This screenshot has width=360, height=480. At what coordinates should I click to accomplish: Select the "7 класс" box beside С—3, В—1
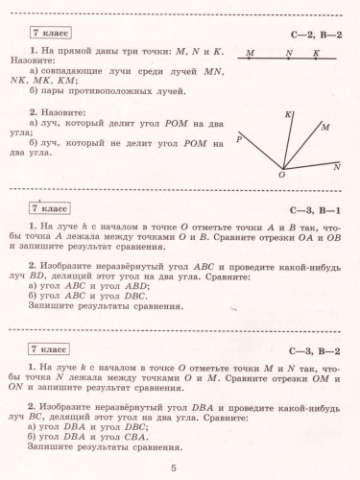(x=46, y=207)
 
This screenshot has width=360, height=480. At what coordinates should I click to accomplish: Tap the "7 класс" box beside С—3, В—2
(x=46, y=349)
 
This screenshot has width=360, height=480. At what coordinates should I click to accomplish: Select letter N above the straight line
(x=289, y=52)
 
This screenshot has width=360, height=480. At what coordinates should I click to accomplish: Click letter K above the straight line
(x=316, y=52)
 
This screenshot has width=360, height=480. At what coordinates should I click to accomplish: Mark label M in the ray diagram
(x=325, y=127)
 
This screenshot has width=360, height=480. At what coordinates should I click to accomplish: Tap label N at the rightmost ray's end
(x=336, y=167)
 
